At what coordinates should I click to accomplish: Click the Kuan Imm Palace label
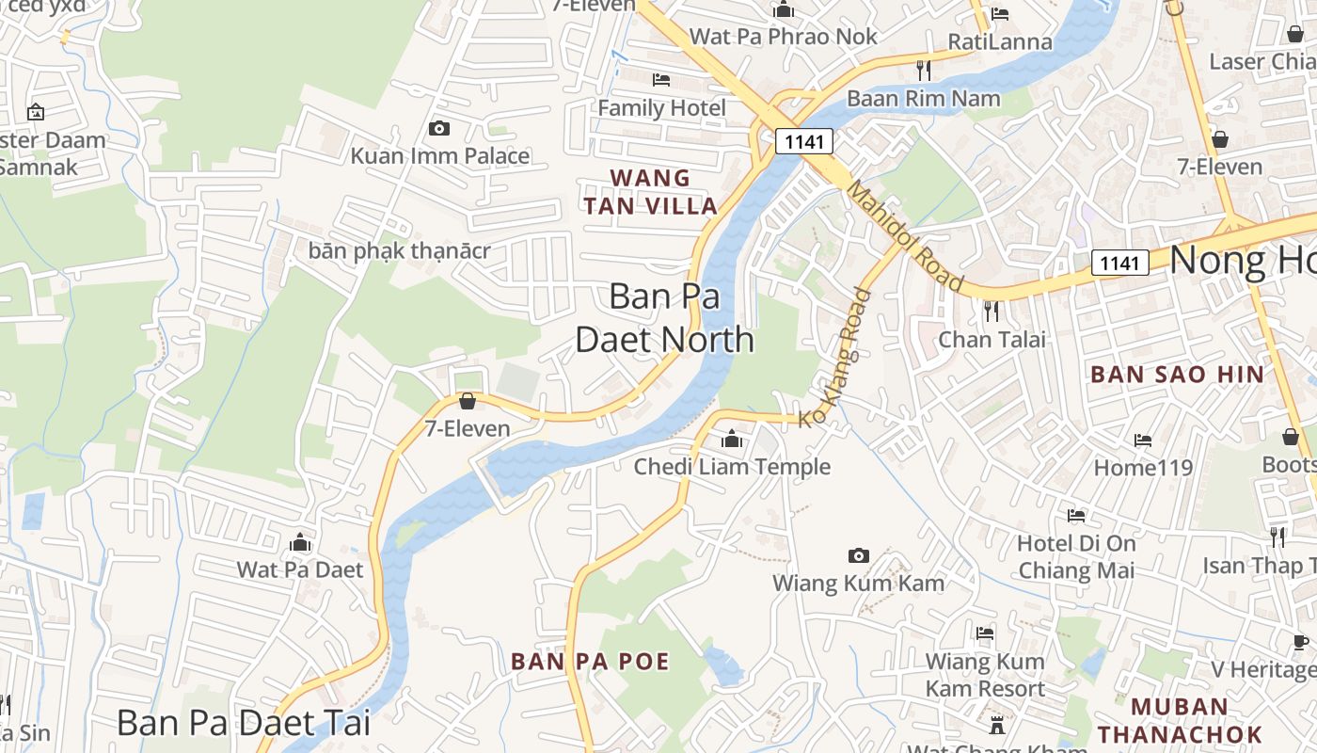tap(439, 155)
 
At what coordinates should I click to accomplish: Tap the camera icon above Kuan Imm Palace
tap(438, 128)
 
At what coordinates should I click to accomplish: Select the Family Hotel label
tap(661, 108)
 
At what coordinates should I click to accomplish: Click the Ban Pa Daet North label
tap(664, 318)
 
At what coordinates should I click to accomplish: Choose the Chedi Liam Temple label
tap(732, 466)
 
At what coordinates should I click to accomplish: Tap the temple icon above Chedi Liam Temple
tap(732, 439)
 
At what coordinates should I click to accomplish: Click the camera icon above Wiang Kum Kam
tap(858, 555)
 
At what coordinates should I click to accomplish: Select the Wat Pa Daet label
tap(299, 569)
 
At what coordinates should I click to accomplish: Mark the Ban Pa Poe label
tap(590, 661)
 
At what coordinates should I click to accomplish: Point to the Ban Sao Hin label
tap(1177, 374)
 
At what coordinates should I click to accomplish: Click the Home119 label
tap(1142, 467)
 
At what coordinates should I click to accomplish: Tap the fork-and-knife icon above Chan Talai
tap(991, 311)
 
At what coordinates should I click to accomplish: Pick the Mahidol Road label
tap(905, 236)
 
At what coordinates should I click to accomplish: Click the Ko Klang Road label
tap(836, 358)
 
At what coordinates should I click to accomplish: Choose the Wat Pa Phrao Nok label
tap(783, 37)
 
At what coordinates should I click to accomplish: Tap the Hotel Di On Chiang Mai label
tap(1076, 556)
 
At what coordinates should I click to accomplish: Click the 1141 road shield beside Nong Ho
tap(1119, 263)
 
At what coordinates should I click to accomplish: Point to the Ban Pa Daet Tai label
tap(244, 723)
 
